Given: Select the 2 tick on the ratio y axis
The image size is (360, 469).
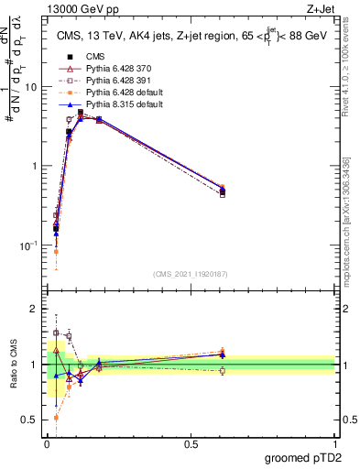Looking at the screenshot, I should point(34,310).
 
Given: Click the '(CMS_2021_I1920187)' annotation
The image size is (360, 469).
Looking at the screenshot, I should point(189,273).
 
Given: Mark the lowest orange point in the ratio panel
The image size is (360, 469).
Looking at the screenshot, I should point(56,417).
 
